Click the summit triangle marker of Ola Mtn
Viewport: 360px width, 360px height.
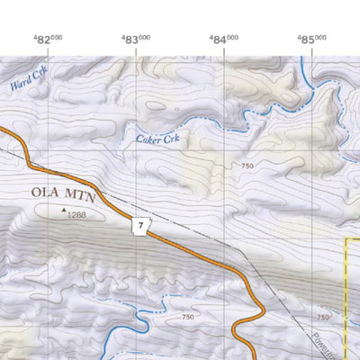(64, 212)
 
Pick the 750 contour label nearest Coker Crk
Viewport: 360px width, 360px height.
(247, 166)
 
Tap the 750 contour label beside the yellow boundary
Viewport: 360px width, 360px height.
(323, 318)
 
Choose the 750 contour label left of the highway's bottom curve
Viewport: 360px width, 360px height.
(186, 317)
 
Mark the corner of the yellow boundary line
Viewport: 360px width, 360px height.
(346, 239)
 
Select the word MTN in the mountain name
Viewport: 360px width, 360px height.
(88, 193)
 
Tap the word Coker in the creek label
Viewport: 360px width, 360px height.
(147, 139)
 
